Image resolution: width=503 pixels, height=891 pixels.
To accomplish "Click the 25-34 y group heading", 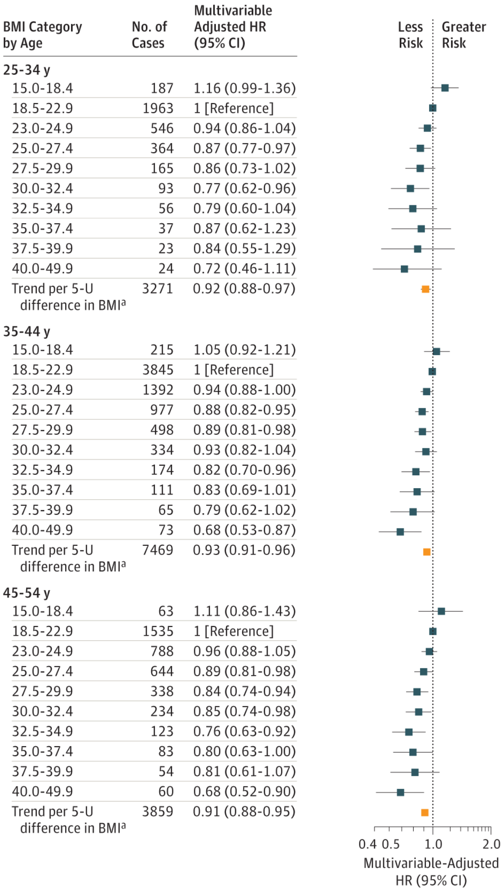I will [27, 70].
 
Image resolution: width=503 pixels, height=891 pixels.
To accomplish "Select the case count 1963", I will [158, 109].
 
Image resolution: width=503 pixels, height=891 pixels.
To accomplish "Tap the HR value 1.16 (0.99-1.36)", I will [244, 88].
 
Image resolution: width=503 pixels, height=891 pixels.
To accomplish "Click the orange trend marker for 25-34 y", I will [426, 289].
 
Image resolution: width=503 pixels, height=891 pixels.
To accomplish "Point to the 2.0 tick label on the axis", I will [491, 844].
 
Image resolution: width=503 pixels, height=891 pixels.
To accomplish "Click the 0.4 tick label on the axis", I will [367, 844].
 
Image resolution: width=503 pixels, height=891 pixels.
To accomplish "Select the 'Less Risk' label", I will [410, 35].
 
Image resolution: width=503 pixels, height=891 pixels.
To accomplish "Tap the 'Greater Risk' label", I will [464, 35].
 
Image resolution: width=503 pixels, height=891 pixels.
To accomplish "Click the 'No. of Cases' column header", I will [149, 35].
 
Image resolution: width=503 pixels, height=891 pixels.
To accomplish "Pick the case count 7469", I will [158, 550].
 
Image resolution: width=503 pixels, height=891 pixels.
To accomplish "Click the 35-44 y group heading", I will [27, 331].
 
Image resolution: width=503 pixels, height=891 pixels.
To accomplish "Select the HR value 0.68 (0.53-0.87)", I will [244, 530].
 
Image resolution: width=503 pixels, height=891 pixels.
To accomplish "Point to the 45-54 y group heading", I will [27, 593].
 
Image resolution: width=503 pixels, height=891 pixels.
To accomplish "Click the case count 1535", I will [158, 632].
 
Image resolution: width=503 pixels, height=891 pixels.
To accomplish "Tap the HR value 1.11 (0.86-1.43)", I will [244, 611].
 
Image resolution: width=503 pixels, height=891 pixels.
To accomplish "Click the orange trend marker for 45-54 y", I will [425, 813].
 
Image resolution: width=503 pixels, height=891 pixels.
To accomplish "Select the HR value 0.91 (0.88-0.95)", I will [244, 812].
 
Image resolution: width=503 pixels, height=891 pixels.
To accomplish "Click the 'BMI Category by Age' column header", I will [43, 35].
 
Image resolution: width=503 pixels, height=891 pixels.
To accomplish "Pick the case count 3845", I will [158, 370].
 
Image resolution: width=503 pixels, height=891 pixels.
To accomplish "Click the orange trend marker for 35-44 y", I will [427, 552].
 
